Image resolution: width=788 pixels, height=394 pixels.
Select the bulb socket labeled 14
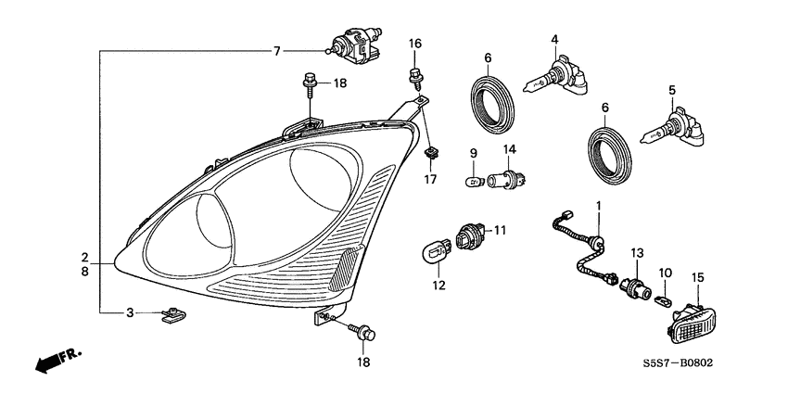[508, 177]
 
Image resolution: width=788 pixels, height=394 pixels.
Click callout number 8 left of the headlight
[84, 273]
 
